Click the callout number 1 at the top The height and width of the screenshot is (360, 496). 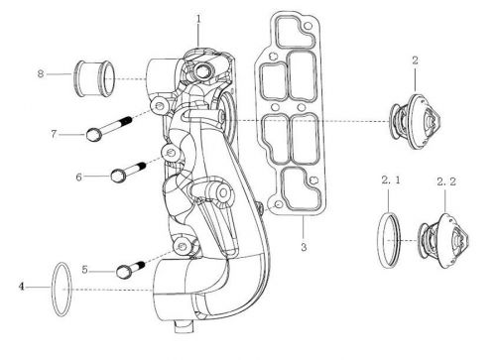coord(198,19)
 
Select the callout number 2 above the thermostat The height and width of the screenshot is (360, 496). coord(415,60)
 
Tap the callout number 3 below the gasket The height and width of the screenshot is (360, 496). coord(304,247)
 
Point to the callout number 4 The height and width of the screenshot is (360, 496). coord(22,287)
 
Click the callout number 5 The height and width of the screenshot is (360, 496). coord(85,270)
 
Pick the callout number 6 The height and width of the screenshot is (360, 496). coord(78,178)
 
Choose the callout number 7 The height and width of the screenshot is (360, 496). coord(54,134)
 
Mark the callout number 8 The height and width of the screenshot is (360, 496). coord(41,73)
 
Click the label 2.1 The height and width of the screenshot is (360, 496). coord(391,180)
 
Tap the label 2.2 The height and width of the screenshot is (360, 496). coord(446,181)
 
